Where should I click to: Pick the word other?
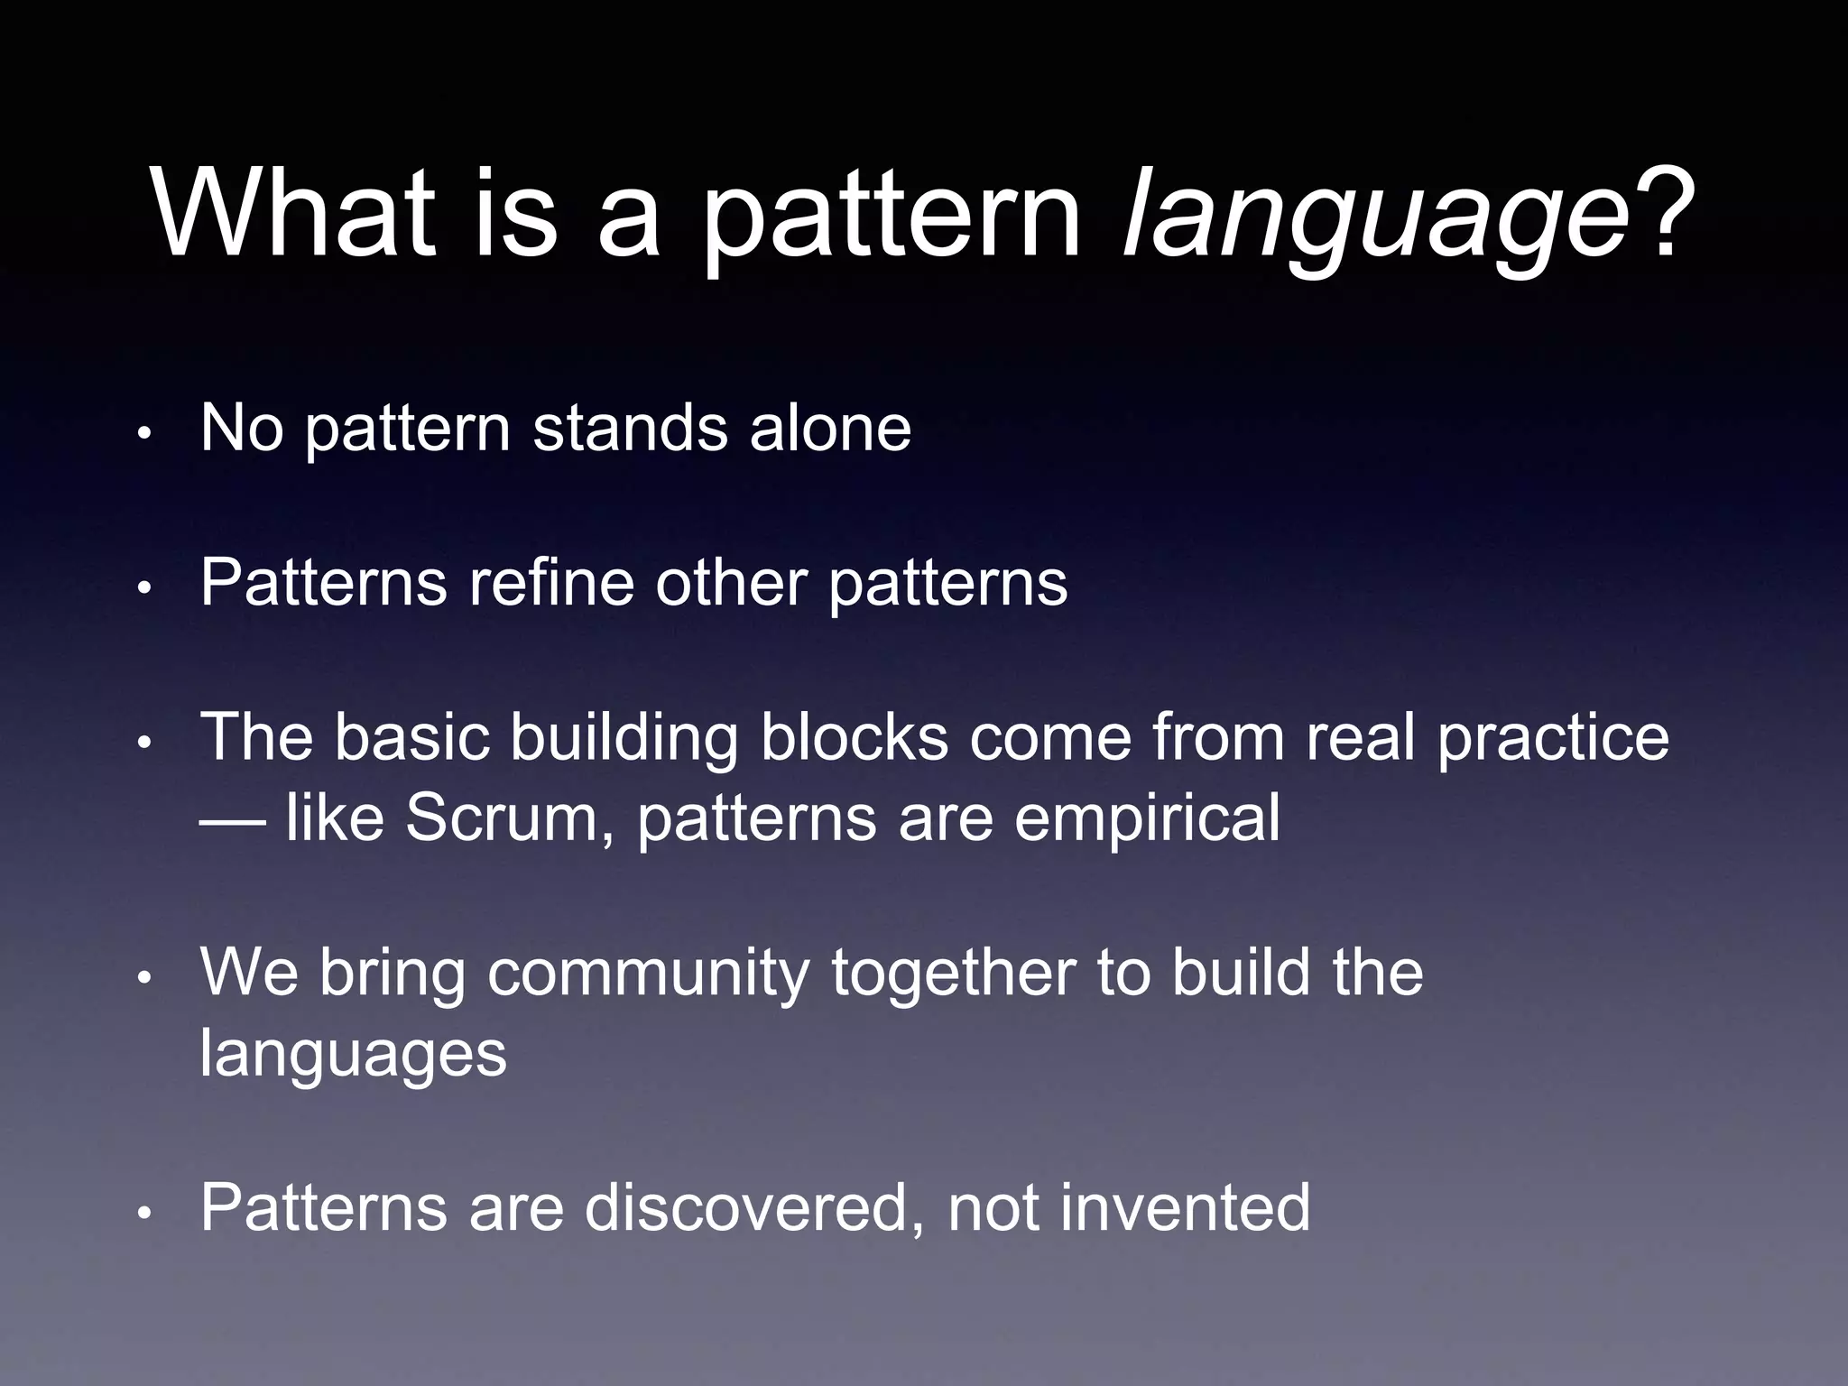tap(731, 582)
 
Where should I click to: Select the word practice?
tap(1552, 738)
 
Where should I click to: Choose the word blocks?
tap(854, 738)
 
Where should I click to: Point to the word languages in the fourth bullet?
tap(353, 1054)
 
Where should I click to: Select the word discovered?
tap(745, 1207)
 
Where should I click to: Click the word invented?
tap(1184, 1207)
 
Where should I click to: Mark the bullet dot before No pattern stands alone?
tap(143, 434)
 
